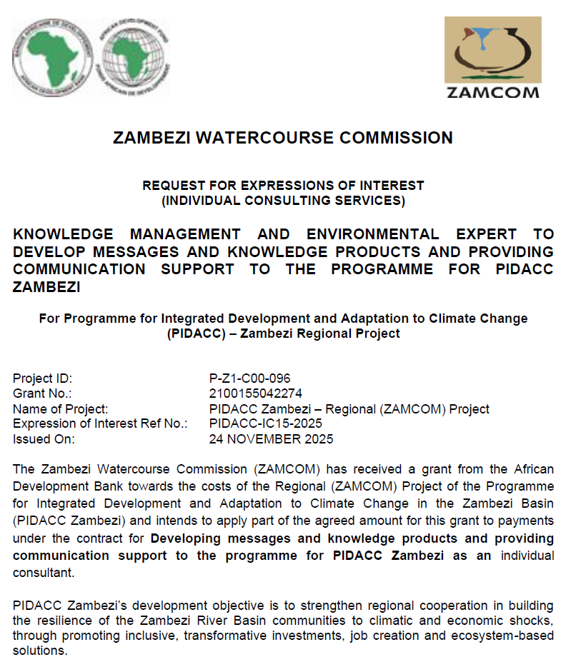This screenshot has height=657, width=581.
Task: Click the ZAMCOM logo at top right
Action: coord(492,57)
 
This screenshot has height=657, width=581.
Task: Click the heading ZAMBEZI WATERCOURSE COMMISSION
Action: coord(283,138)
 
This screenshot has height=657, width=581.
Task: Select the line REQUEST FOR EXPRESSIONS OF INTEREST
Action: coord(283,186)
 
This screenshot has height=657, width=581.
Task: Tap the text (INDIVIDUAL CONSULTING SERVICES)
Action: coord(283,201)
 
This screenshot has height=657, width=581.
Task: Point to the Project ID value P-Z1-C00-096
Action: coord(249,378)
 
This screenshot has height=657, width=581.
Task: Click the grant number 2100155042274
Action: coord(255,393)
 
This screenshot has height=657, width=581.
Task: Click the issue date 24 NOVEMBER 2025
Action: coord(271,439)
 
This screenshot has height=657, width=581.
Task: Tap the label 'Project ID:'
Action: coord(43,378)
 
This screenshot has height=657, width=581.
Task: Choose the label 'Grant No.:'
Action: coord(43,393)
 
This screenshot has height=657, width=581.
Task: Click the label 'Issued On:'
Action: coord(44,439)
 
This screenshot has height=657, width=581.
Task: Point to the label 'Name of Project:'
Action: coord(61,409)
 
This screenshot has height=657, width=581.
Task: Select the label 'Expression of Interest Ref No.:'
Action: coord(100,423)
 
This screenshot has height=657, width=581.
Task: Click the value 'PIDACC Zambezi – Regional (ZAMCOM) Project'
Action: coord(349,409)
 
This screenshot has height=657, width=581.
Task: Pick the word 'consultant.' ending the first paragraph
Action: coord(44,573)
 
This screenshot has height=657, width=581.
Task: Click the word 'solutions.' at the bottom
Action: coord(40,651)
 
